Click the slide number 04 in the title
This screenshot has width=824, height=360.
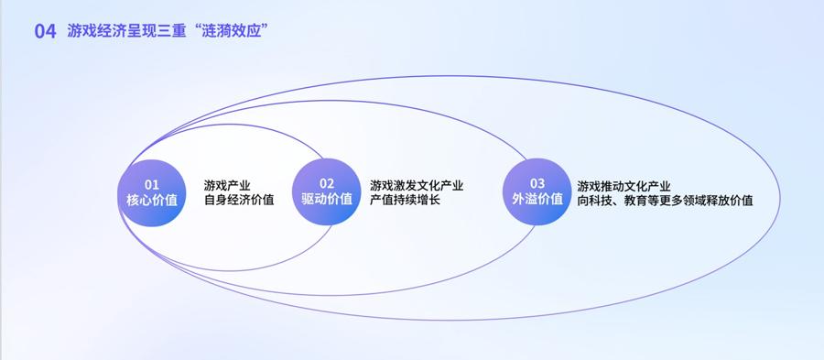tap(45, 31)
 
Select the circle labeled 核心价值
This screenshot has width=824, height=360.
tap(152, 193)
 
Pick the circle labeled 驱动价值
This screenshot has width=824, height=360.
tap(326, 191)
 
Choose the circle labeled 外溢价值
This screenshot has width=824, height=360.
tap(537, 191)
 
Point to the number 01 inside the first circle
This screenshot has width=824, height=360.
tap(152, 184)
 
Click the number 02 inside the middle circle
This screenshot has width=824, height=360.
tap(326, 183)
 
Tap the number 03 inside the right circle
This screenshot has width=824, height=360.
tap(537, 183)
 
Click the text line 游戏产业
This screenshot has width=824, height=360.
tap(227, 186)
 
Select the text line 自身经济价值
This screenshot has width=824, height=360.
tap(239, 201)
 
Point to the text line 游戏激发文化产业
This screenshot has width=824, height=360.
tap(417, 186)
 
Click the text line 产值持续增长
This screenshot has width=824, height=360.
tap(405, 201)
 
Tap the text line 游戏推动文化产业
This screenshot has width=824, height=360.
tap(623, 186)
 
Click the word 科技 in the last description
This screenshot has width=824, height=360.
tap(601, 201)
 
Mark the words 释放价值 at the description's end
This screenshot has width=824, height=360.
tap(730, 201)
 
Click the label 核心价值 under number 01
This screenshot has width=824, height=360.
tap(152, 201)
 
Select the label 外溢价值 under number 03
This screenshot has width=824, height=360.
tap(537, 199)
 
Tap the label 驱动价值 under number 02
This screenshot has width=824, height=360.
tap(326, 199)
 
